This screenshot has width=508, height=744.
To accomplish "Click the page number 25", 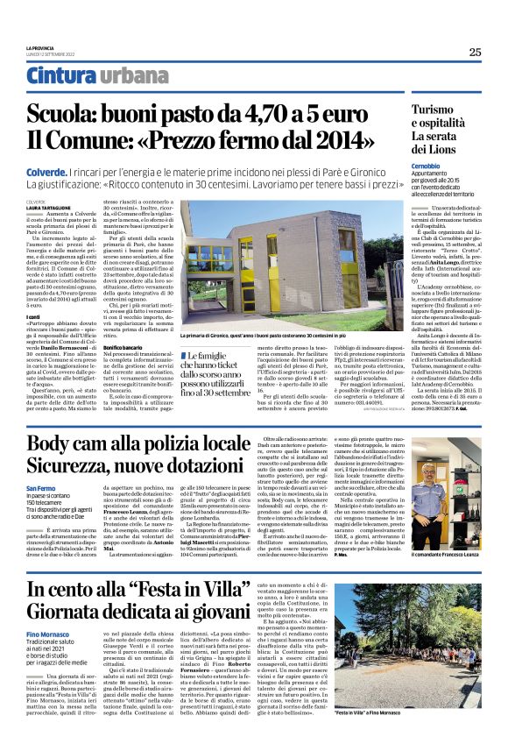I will pos(475,52).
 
